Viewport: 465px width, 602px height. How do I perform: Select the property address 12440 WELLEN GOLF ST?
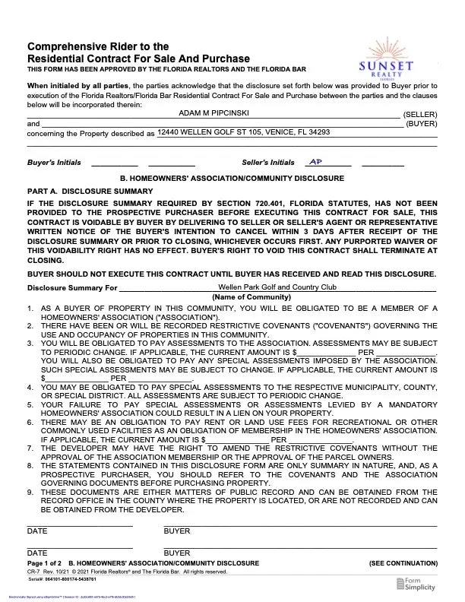point(243,132)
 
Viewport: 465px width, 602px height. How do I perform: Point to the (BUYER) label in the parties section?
point(422,122)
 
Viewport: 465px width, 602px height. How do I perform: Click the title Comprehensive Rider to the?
point(98,47)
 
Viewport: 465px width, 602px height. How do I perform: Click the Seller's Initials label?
point(267,163)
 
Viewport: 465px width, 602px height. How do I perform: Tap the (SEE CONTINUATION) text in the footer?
point(403,562)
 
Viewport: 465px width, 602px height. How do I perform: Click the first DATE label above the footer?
point(37,531)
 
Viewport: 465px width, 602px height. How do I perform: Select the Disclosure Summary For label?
point(72,288)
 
